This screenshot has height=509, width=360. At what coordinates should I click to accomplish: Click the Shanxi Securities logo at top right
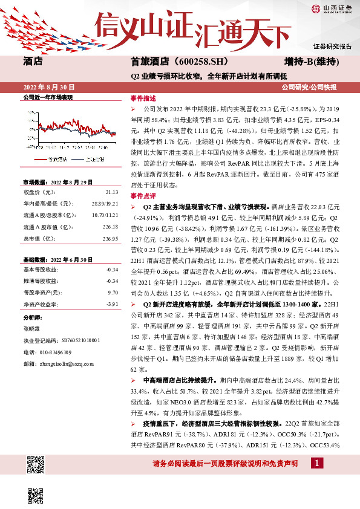point(331,8)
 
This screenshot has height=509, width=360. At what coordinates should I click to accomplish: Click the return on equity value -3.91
point(111,303)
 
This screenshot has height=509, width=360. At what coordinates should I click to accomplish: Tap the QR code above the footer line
point(36,465)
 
